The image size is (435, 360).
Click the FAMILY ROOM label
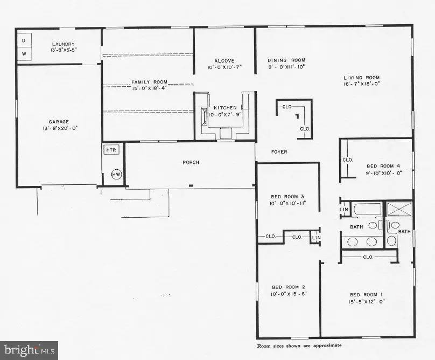(x=150, y=82)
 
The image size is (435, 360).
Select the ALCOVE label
(x=224, y=61)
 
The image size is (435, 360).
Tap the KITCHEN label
(x=224, y=108)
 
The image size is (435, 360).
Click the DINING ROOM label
(x=286, y=60)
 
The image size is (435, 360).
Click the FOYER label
(x=279, y=152)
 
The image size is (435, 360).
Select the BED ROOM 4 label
(x=383, y=166)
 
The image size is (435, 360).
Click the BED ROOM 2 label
(x=288, y=286)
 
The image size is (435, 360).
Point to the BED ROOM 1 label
(x=366, y=294)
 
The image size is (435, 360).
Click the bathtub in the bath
(x=367, y=210)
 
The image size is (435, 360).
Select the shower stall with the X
(x=399, y=209)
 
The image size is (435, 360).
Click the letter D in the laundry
(x=24, y=39)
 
